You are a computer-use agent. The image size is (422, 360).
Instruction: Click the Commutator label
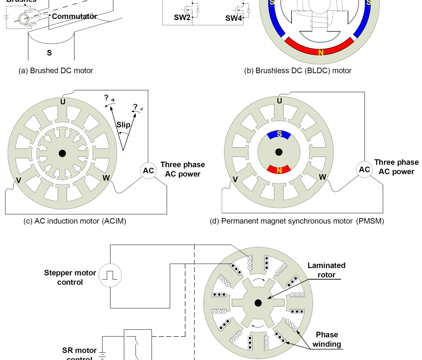[x=74, y=17]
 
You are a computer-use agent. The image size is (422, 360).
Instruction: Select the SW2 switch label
[x=182, y=18]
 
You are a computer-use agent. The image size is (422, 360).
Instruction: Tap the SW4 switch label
[x=234, y=18]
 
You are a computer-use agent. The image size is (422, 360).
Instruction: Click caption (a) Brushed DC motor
[x=56, y=71]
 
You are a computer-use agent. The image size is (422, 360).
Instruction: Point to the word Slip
[x=123, y=125]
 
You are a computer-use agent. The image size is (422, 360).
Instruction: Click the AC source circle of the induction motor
[x=148, y=171]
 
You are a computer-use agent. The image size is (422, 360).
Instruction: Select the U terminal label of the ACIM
[x=63, y=102]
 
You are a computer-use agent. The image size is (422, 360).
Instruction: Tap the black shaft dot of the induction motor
[x=62, y=153]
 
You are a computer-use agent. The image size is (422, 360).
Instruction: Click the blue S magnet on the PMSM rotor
[x=279, y=134]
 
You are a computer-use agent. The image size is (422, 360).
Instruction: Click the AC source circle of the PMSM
[x=364, y=169]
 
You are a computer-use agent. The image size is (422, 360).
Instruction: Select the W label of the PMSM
[x=322, y=177]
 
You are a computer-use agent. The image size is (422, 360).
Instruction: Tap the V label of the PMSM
[x=235, y=179]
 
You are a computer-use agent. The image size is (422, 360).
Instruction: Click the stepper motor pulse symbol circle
[x=110, y=275]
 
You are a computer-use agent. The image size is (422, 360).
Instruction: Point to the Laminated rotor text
[x=326, y=270]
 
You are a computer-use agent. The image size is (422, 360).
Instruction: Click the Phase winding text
[x=327, y=339]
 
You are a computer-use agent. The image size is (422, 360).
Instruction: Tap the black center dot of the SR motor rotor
[x=258, y=303]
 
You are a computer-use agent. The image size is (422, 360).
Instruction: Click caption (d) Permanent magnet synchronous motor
[x=297, y=221]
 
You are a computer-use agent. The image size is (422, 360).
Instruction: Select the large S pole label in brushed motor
[x=49, y=53]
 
